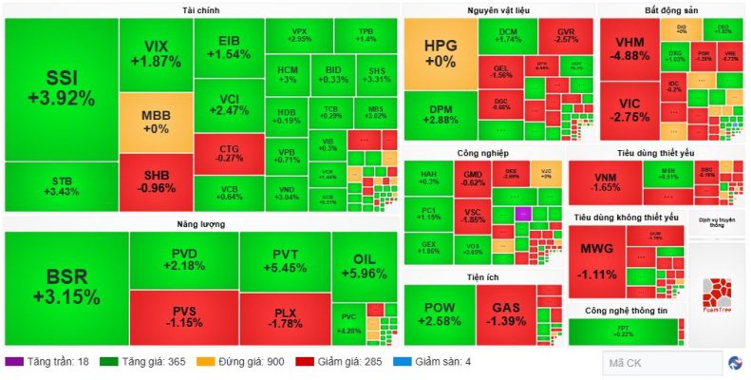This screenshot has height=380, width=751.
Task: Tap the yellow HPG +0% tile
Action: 441,53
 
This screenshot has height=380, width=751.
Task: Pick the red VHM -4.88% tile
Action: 630,49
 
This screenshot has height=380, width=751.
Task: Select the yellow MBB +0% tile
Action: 156,122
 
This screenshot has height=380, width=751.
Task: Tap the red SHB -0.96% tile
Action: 156,181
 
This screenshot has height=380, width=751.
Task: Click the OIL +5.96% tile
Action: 365,265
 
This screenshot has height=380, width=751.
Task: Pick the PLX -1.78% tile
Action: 285,317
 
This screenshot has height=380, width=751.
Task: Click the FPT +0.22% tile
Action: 623,331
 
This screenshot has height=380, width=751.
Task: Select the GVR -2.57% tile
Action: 566,35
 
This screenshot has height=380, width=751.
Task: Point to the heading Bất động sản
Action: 670,9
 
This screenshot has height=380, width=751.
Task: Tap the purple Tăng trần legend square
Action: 12,361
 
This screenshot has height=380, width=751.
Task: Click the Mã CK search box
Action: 662,362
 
